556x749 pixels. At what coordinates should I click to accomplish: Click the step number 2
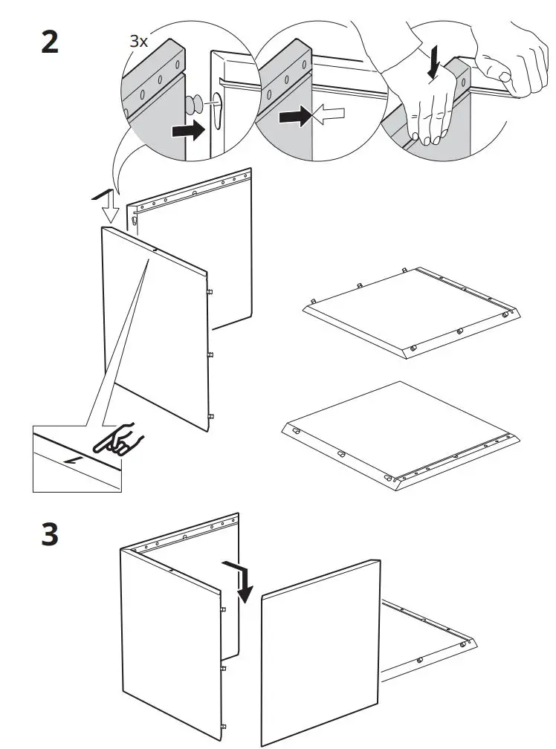49,42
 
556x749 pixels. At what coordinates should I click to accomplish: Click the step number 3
49,535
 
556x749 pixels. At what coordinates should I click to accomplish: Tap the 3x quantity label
139,42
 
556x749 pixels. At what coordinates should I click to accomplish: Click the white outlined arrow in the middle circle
330,114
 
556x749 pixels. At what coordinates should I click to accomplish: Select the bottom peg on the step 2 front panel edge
211,416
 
